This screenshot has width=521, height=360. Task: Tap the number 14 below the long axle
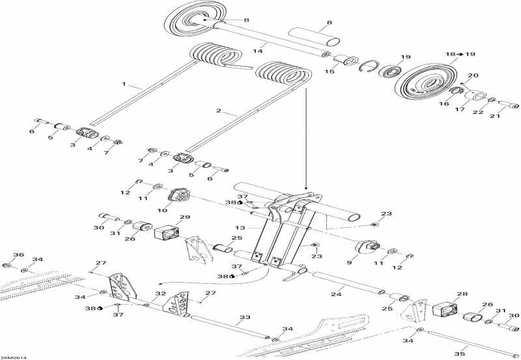coord(257,50)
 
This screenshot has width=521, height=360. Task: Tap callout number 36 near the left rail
coord(18,255)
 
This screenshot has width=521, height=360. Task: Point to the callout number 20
coord(473,76)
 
